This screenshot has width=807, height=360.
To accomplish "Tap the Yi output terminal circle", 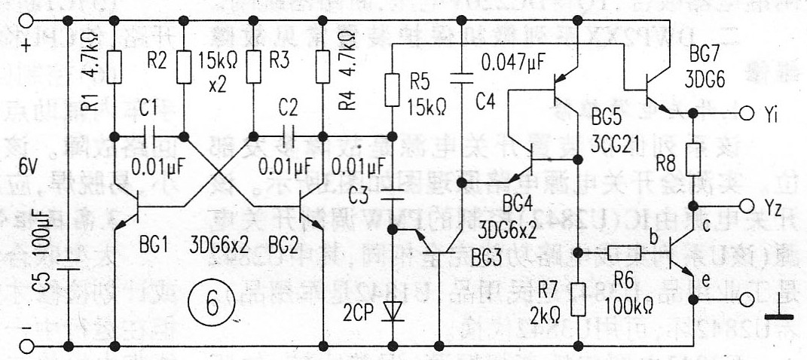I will [x=746, y=114].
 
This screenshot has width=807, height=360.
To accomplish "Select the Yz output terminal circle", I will [x=746, y=206].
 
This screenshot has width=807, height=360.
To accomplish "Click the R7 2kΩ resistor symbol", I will [x=577, y=298].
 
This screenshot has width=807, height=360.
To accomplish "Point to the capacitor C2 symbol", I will [x=288, y=137].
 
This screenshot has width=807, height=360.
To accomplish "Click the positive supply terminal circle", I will [x=29, y=20].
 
